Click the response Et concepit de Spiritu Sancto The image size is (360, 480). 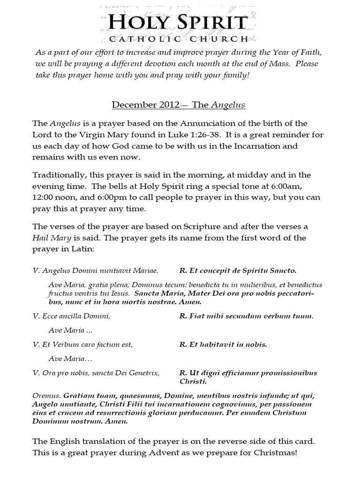238,270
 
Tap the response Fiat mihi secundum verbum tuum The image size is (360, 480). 246,316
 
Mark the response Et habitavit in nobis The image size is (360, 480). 223,345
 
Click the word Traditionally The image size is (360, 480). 58,175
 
